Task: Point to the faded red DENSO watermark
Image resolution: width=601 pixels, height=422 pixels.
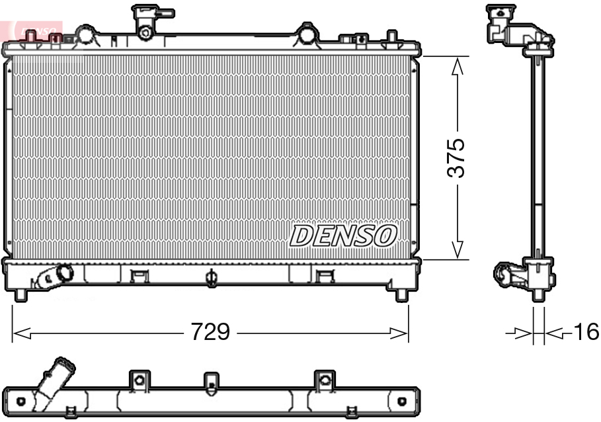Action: pos(36,30)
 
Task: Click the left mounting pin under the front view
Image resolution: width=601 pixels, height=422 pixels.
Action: pos(20,294)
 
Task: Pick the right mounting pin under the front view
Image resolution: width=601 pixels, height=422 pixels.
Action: pos(401,294)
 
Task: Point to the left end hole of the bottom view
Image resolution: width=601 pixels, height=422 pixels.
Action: pos(21,401)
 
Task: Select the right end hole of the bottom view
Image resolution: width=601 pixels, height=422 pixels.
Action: pos(401,401)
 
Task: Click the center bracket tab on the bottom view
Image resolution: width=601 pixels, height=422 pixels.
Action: pos(211,382)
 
